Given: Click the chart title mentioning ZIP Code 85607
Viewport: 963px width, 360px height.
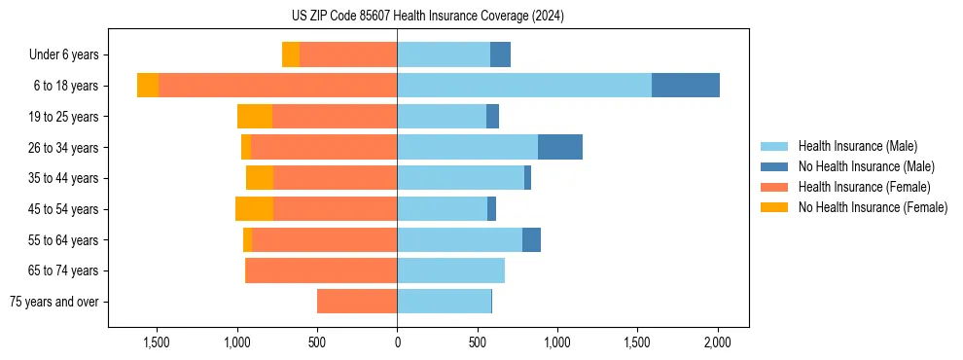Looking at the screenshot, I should pyautogui.click(x=427, y=16).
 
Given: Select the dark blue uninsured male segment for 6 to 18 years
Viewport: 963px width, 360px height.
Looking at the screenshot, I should pyautogui.click(x=685, y=86).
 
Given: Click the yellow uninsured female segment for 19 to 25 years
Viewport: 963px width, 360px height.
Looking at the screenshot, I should pyautogui.click(x=255, y=117).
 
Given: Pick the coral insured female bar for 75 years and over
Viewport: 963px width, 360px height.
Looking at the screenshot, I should pyautogui.click(x=357, y=302).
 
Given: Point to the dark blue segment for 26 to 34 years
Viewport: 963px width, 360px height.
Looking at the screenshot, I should pyautogui.click(x=559, y=147).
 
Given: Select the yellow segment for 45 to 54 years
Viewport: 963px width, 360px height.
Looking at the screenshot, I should pyautogui.click(x=254, y=209).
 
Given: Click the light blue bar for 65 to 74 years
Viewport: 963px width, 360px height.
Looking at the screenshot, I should pyautogui.click(x=450, y=270).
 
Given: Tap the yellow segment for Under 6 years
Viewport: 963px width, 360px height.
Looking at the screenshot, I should pyautogui.click(x=290, y=54).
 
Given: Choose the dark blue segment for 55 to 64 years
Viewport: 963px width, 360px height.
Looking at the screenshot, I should pyautogui.click(x=531, y=239).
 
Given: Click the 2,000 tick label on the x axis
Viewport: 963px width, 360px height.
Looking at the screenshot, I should pyautogui.click(x=717, y=342).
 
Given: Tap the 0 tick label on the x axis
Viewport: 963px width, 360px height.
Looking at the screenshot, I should pyautogui.click(x=397, y=342).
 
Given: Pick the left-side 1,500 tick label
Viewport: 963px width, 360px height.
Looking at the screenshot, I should pyautogui.click(x=157, y=342).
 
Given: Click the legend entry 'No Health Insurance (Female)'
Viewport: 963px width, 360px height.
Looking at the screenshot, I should pyautogui.click(x=873, y=207).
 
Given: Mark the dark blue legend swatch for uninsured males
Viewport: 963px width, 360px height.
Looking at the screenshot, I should pyautogui.click(x=774, y=166).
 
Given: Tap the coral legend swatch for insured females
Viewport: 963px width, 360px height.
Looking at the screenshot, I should pyautogui.click(x=774, y=187).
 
